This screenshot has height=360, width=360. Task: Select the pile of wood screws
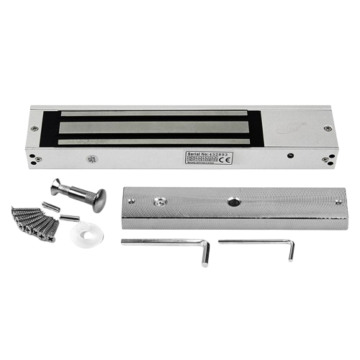click(x=33, y=220)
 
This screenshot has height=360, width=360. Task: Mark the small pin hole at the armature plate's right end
click(x=338, y=202)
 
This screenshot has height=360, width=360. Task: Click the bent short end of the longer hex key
click(x=206, y=253)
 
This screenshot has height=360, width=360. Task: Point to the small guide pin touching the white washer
click(x=69, y=217)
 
